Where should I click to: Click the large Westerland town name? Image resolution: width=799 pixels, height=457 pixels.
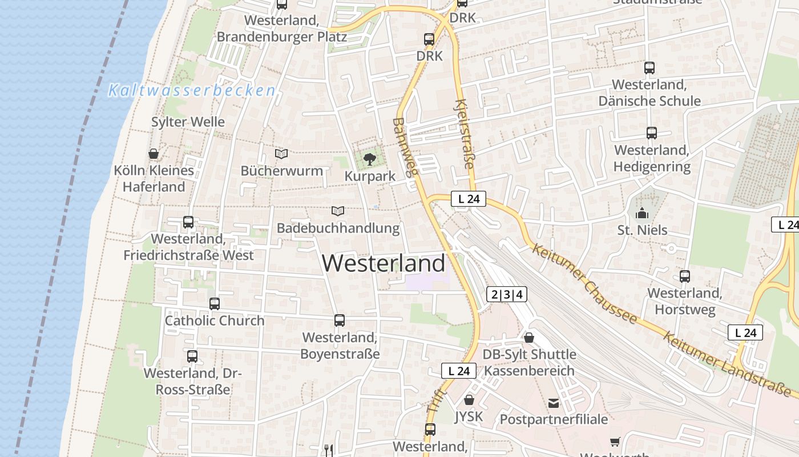click(x=384, y=263)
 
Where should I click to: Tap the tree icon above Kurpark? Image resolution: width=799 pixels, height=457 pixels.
click(x=370, y=159)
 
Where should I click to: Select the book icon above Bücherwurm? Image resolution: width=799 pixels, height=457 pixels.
click(x=281, y=154)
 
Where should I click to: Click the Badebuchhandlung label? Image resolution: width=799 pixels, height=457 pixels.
click(x=338, y=228)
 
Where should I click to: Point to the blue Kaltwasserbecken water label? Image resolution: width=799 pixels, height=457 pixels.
click(x=192, y=90)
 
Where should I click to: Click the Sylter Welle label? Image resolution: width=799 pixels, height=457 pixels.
click(x=188, y=122)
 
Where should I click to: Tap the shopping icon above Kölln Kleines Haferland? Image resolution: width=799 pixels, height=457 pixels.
click(x=153, y=154)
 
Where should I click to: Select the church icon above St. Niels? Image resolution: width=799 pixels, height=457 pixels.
click(x=642, y=213)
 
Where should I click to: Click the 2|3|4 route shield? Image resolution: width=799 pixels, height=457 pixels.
click(x=506, y=295)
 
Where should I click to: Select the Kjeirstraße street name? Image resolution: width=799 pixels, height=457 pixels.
click(x=463, y=133)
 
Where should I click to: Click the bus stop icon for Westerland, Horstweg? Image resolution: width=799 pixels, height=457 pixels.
click(x=685, y=276)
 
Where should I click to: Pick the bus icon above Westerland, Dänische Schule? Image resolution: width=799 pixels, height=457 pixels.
click(x=649, y=68)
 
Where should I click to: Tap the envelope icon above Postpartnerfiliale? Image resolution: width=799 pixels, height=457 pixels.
click(x=554, y=403)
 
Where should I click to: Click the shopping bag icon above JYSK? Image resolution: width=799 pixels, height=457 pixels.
click(x=469, y=400)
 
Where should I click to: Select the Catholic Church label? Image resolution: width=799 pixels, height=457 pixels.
click(x=215, y=320)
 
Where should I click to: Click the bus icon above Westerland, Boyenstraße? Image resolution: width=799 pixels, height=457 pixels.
click(x=340, y=320)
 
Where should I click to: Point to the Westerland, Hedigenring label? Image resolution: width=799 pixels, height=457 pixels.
click(x=652, y=158)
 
